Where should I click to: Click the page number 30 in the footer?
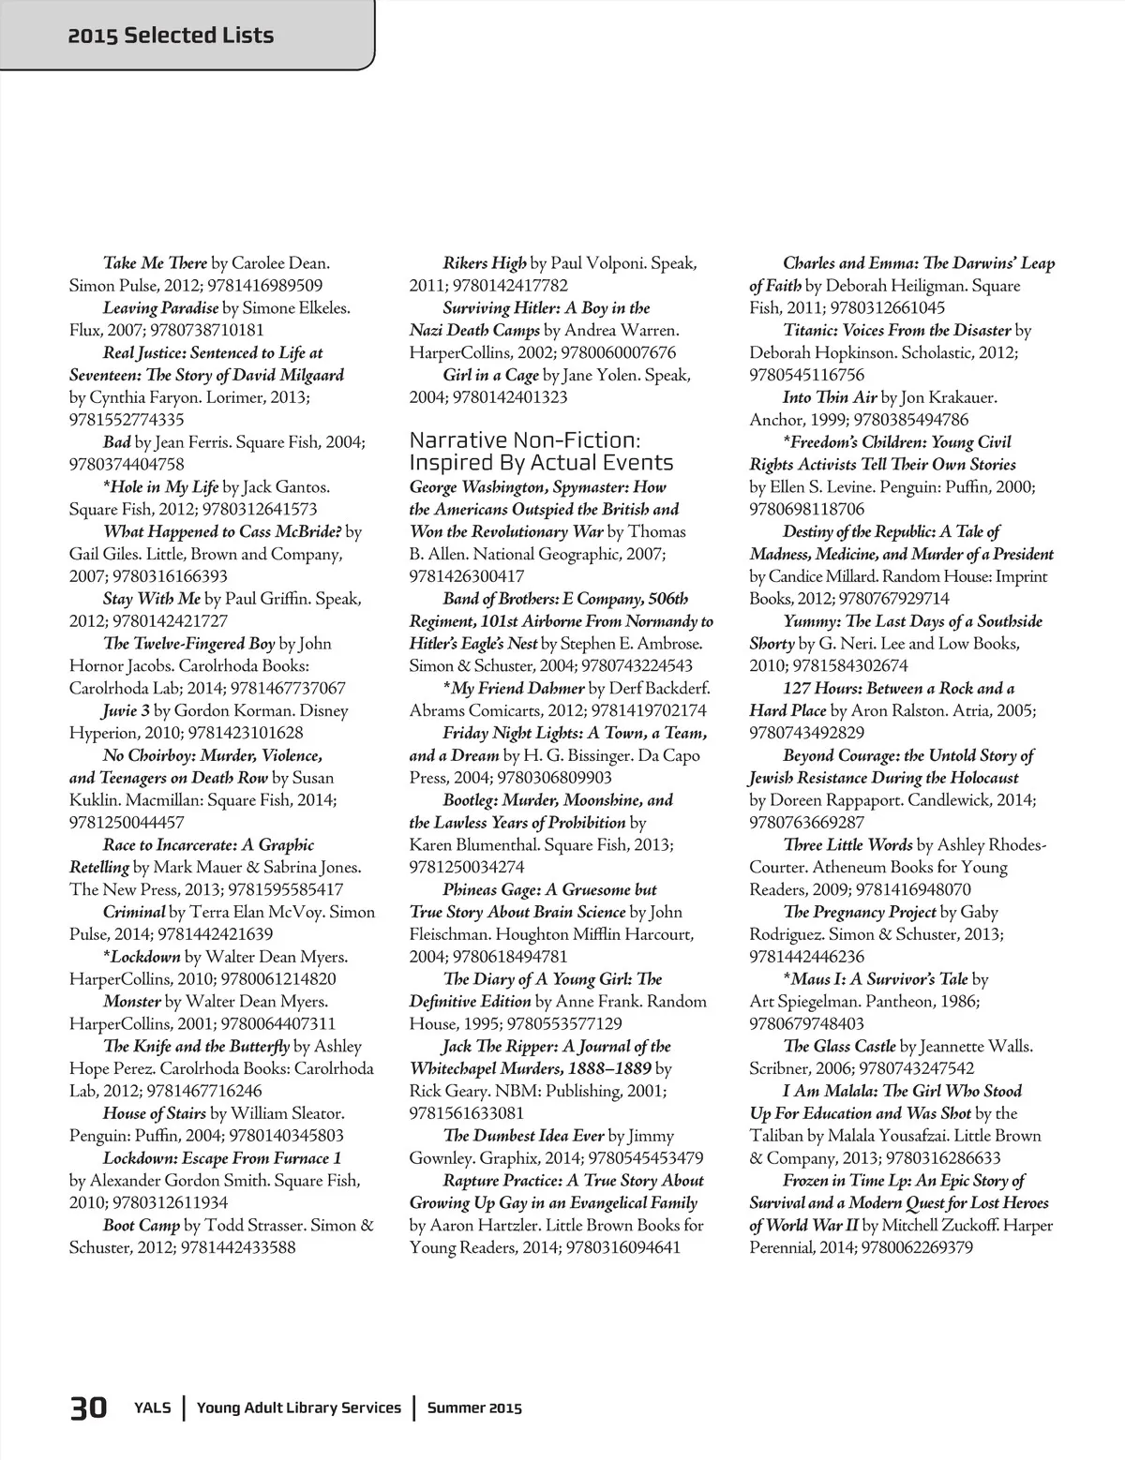point(88,1408)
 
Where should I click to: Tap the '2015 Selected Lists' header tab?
point(172,36)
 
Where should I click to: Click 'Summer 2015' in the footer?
point(474,1408)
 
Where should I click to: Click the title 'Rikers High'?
point(485,263)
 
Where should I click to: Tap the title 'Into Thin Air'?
point(830,397)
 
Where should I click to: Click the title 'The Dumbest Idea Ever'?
point(523,1136)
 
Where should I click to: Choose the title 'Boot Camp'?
point(142,1225)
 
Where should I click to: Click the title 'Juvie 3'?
point(127,710)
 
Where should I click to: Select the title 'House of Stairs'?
point(154,1113)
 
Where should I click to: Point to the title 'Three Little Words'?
point(847,844)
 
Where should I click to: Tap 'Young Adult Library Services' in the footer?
point(299,1408)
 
